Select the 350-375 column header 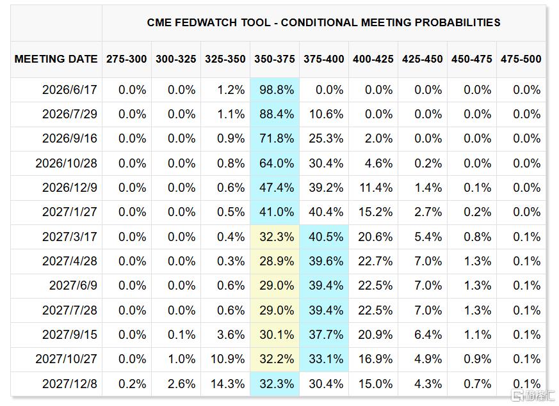click(275, 59)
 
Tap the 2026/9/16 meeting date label click(70, 138)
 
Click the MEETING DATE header click(56, 59)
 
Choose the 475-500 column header click(521, 59)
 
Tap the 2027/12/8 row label click(70, 384)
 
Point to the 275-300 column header click(127, 59)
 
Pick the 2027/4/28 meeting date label click(70, 261)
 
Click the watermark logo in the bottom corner click(533, 395)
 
